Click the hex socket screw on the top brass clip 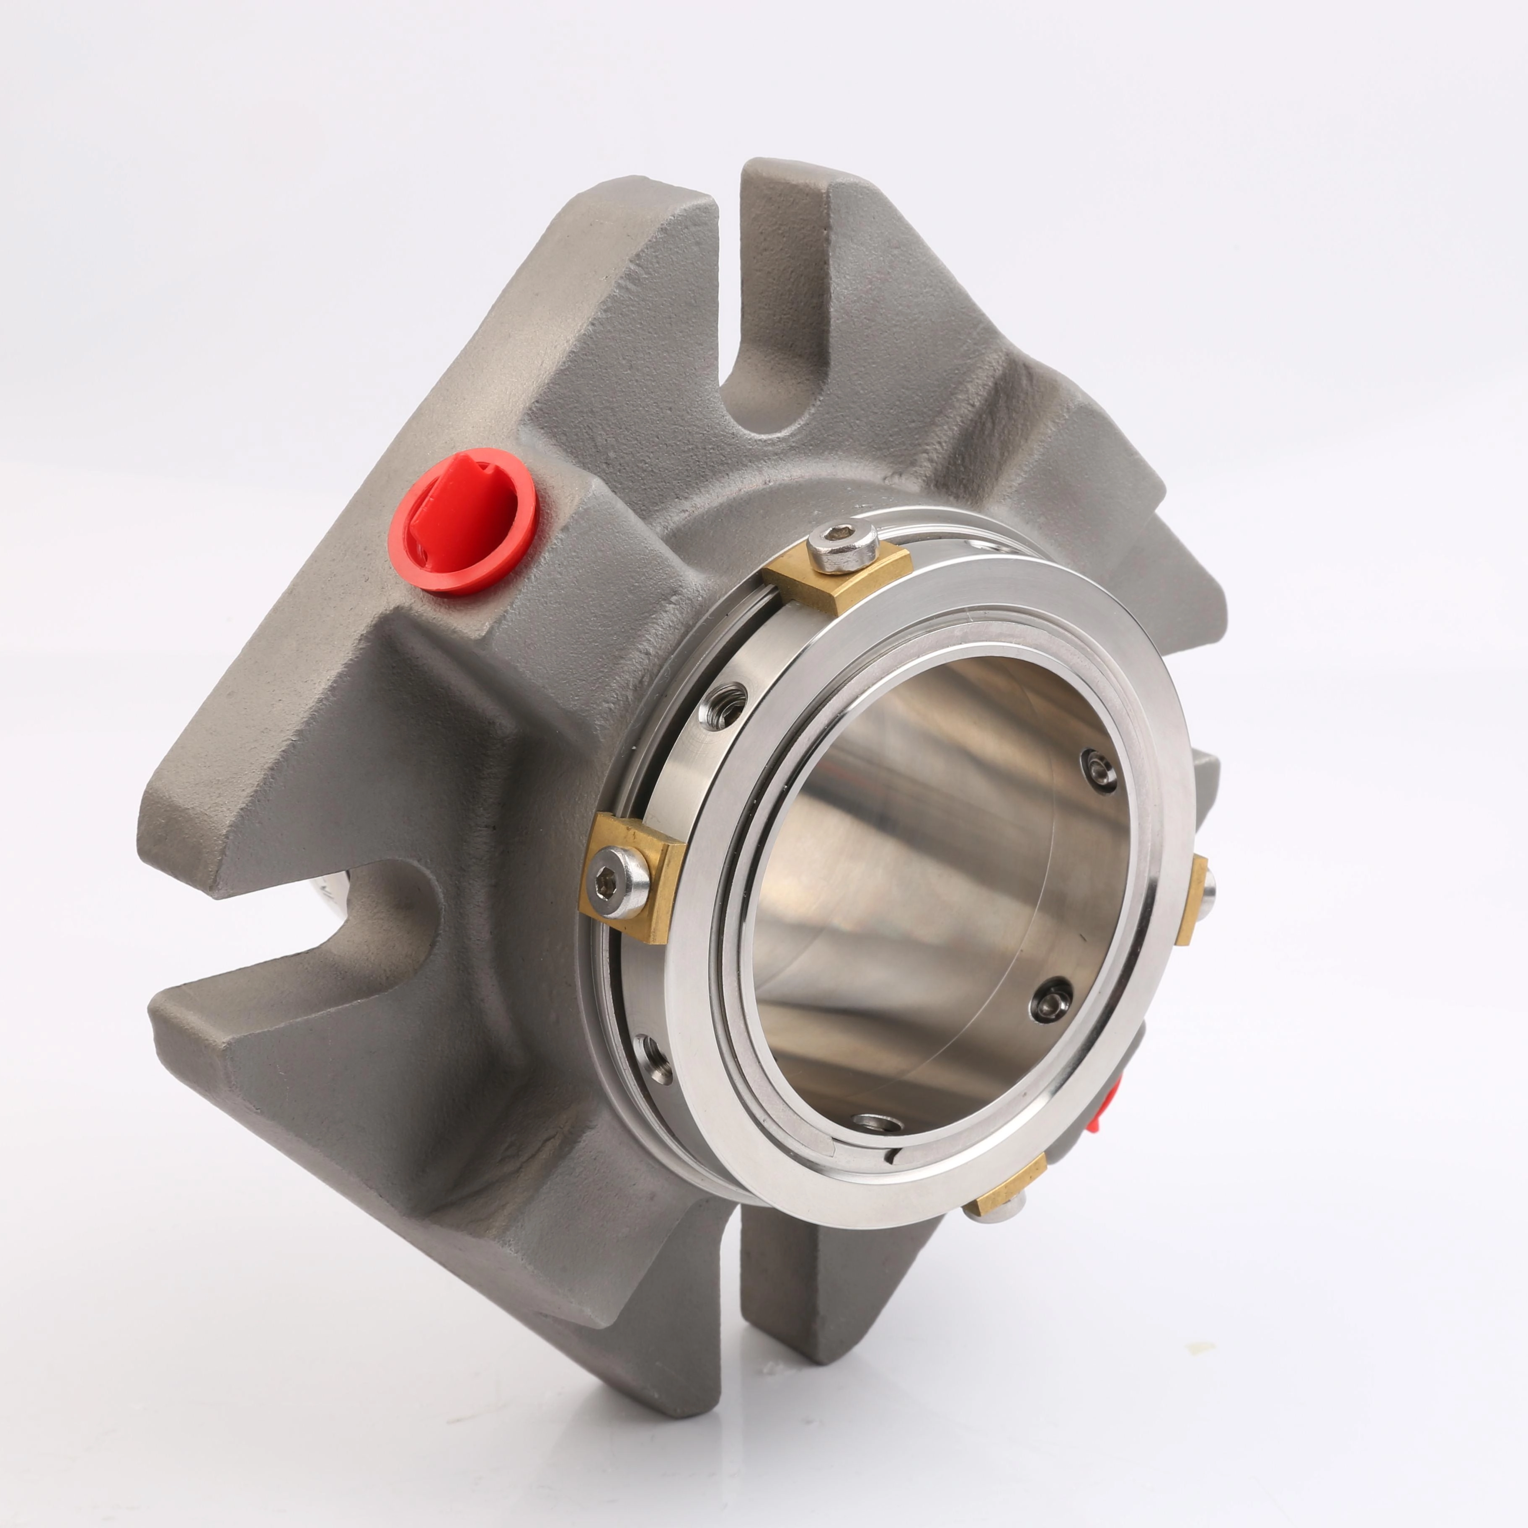coord(845,547)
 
